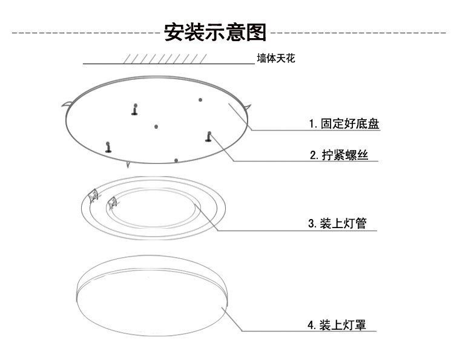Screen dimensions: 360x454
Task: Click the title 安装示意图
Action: point(215,32)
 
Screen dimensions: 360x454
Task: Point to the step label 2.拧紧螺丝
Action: point(344,155)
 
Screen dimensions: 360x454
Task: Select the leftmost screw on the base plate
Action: point(108,146)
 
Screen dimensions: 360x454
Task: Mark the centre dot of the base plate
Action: point(156,126)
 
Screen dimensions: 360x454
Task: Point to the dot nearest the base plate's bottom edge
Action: point(176,160)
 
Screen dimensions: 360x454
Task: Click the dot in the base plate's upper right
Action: point(200,99)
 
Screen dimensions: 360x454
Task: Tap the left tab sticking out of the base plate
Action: point(64,106)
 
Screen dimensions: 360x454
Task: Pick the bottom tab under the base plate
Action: point(128,163)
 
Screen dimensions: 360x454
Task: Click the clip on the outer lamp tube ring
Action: point(93,195)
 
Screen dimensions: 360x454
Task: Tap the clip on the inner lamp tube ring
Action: point(111,202)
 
